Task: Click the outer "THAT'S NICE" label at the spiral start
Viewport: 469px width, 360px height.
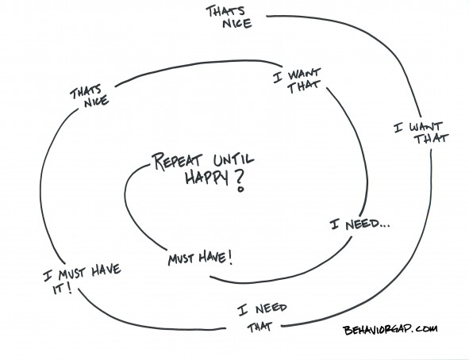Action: click(229, 17)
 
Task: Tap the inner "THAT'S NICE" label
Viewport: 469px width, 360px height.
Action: click(90, 97)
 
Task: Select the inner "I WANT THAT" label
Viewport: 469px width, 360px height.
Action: click(297, 80)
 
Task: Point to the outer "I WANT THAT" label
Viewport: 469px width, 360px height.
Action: click(421, 132)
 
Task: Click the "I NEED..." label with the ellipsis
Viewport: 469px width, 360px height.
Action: click(359, 224)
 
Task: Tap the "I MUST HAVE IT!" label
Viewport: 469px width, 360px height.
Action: click(83, 278)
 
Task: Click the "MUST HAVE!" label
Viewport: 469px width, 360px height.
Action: click(200, 259)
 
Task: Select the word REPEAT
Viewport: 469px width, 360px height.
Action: click(178, 162)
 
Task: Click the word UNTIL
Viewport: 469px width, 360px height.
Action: click(234, 160)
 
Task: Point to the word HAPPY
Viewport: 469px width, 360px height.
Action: click(206, 178)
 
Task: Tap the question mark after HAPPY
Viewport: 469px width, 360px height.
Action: click(240, 182)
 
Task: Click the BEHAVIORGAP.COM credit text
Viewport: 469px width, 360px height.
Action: click(390, 330)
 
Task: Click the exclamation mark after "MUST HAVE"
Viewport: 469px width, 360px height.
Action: click(230, 258)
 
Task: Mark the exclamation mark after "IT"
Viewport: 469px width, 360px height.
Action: click(69, 287)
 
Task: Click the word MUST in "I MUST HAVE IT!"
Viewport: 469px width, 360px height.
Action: click(71, 274)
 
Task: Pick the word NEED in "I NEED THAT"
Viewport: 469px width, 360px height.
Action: click(271, 308)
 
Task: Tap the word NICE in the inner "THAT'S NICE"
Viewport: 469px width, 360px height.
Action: click(96, 101)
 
